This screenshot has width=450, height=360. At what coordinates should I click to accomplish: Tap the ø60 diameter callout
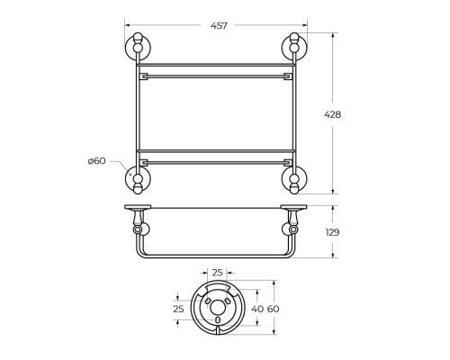point(97,161)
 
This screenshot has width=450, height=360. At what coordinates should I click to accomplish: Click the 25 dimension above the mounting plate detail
point(217,271)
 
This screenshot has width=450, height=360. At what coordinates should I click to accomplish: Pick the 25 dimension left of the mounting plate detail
point(178,309)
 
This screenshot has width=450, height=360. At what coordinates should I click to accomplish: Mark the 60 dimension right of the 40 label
point(273,309)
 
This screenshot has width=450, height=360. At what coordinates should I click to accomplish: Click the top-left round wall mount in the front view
point(137,49)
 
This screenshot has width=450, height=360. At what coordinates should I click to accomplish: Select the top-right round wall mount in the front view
point(292,49)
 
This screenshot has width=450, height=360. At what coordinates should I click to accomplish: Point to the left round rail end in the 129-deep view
point(139,230)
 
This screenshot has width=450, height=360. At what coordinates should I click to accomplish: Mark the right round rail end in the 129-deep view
point(292,230)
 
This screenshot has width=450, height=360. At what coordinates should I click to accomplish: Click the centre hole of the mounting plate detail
point(217,319)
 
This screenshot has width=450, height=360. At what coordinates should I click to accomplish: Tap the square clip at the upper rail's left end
point(144,76)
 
